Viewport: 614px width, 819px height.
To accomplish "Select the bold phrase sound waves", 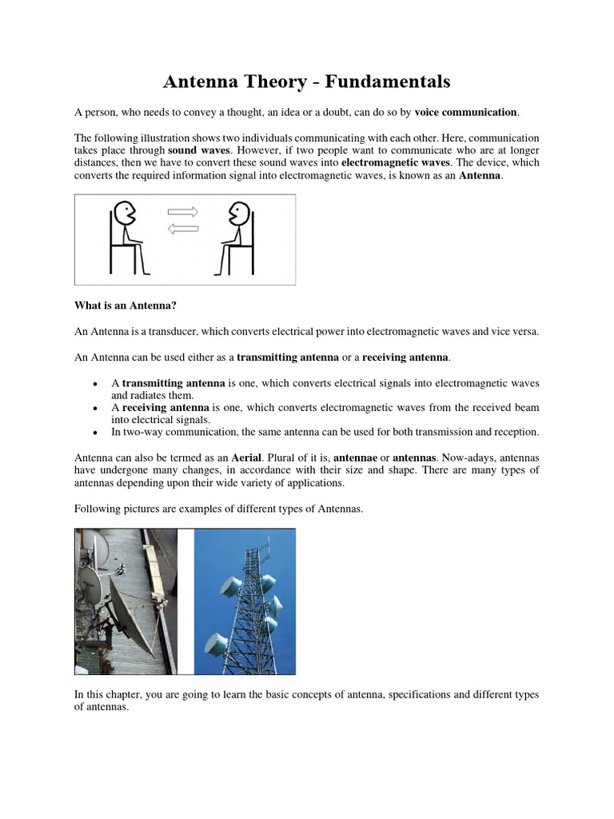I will (x=198, y=150).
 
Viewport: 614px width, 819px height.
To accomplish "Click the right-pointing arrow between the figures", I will (x=182, y=212).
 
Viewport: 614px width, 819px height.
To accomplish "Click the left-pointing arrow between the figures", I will (x=182, y=229).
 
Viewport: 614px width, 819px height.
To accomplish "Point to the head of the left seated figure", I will (x=124, y=214).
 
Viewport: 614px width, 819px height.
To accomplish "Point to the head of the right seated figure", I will (x=238, y=214).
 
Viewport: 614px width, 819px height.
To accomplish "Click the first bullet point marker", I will (x=95, y=384).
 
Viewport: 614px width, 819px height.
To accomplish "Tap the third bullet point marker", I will (x=95, y=433).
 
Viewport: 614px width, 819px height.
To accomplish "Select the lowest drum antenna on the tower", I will (x=216, y=643).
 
